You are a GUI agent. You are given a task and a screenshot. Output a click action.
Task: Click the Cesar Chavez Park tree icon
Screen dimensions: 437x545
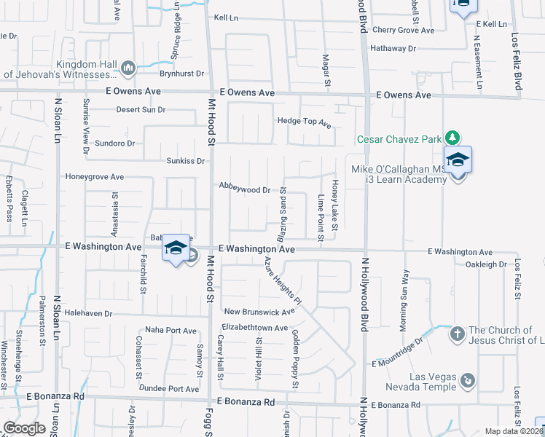click(452, 138)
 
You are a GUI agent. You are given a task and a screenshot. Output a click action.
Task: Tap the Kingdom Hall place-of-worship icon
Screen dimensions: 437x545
click(129, 68)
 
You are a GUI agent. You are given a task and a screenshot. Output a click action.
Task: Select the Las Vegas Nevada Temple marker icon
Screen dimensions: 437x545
click(468, 379)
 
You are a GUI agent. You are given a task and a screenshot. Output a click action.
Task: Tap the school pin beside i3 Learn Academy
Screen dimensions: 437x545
click(458, 161)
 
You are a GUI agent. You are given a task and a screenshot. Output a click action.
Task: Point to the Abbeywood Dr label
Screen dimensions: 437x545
click(245, 188)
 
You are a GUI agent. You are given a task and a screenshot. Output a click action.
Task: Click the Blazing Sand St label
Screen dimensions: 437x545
click(281, 214)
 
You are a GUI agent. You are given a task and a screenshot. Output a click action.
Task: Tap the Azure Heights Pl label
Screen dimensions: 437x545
click(283, 280)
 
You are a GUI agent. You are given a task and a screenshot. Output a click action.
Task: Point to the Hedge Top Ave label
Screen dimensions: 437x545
click(304, 122)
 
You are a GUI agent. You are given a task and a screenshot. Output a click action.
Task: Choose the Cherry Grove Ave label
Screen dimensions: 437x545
click(403, 30)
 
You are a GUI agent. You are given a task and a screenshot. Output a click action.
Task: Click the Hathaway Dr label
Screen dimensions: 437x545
click(392, 48)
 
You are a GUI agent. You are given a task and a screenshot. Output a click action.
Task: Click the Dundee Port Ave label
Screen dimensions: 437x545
click(169, 389)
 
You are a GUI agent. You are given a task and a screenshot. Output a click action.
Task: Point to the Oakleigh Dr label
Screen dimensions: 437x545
click(486, 264)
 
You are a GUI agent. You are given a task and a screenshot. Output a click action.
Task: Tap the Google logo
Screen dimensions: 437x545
click(24, 428)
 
